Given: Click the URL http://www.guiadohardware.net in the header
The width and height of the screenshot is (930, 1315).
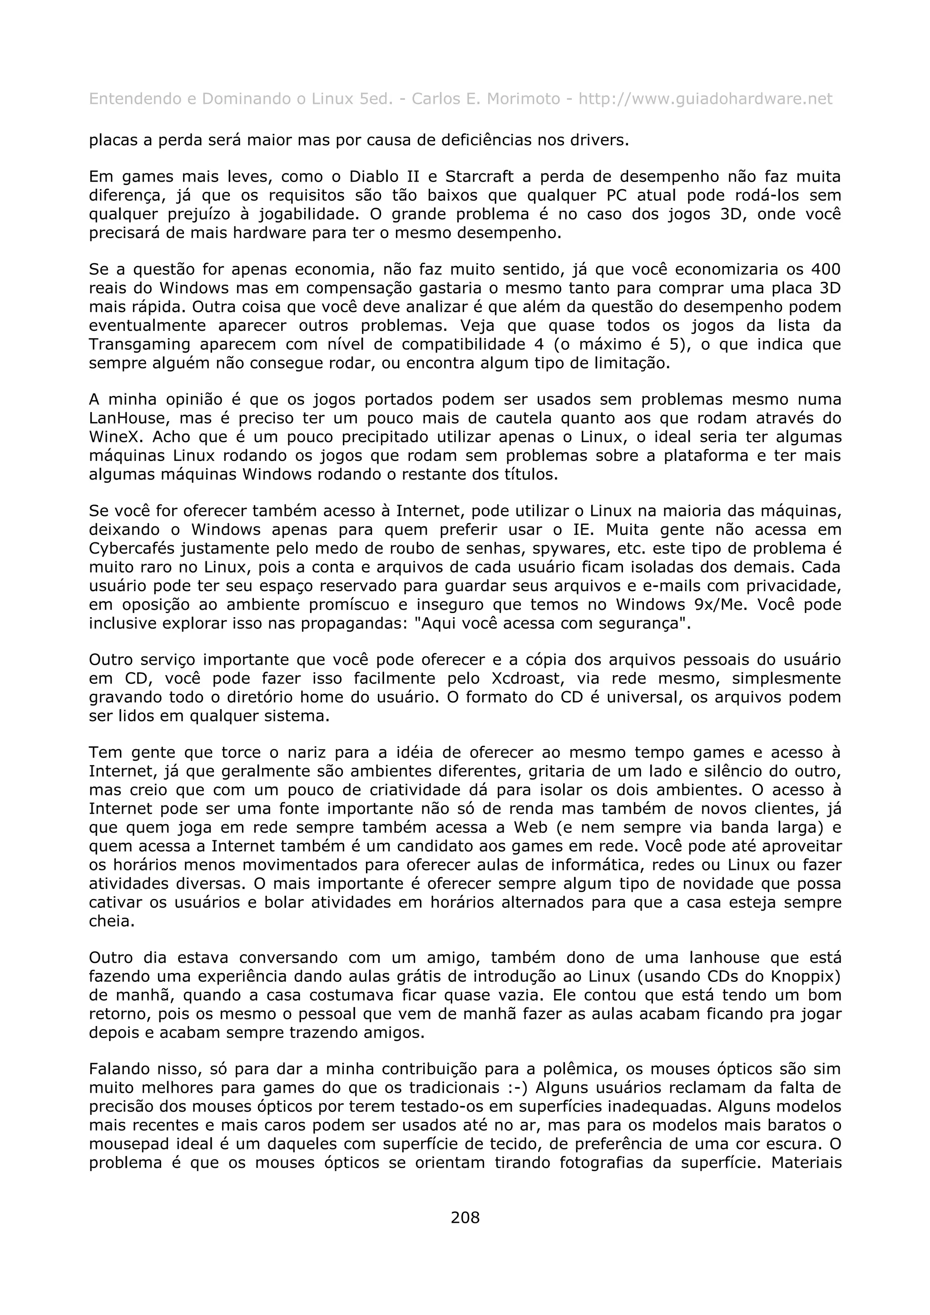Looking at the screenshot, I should pyautogui.click(x=705, y=100).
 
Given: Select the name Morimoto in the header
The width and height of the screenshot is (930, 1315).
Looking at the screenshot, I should pyautogui.click(x=523, y=100).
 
